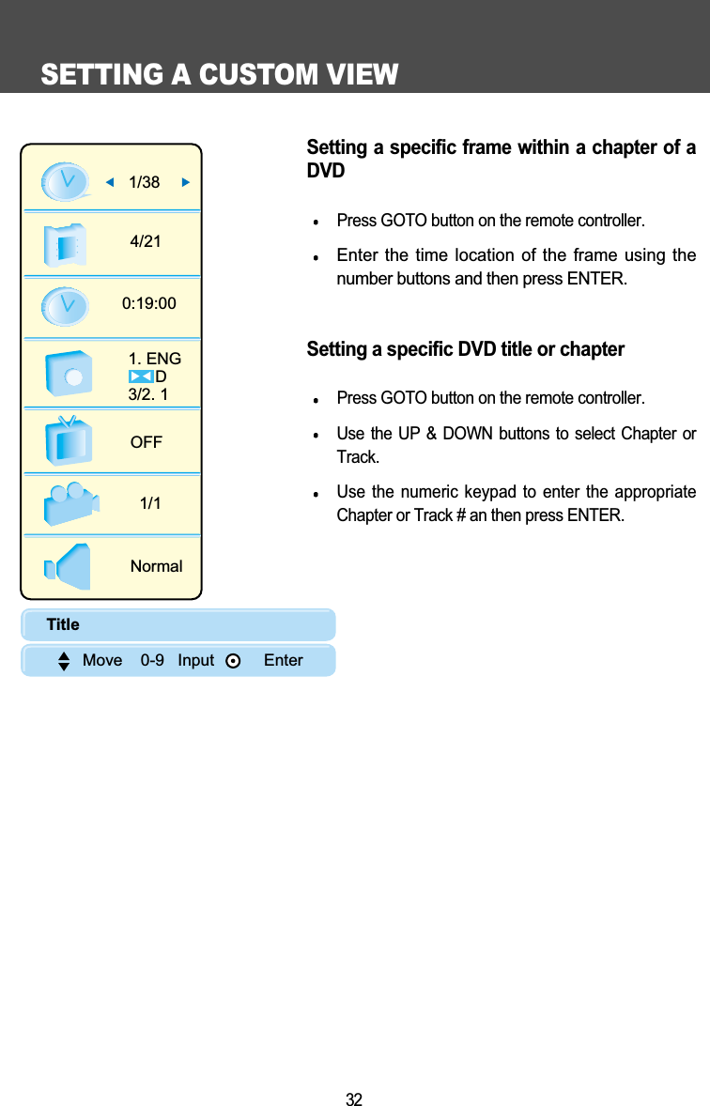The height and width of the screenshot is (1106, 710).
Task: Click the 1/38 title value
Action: (144, 183)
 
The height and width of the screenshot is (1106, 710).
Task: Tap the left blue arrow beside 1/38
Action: (109, 182)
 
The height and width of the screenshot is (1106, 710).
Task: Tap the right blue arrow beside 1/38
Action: (186, 182)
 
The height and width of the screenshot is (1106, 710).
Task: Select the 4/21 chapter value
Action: (146, 241)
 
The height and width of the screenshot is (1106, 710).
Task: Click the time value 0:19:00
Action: (149, 303)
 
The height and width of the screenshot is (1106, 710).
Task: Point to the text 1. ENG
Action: (155, 359)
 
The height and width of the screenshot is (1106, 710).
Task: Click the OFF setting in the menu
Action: (147, 441)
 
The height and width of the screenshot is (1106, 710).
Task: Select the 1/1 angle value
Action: (150, 503)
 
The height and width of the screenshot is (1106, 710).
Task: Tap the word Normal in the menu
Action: (156, 566)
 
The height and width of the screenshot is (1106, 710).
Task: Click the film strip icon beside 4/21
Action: (66, 244)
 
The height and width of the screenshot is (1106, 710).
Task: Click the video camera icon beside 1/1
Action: (69, 503)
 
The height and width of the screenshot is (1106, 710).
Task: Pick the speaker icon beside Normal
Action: (68, 566)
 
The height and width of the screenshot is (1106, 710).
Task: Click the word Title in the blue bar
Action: (63, 624)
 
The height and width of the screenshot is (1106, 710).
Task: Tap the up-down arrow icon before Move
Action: (64, 661)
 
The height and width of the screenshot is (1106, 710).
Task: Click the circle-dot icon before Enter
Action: (233, 661)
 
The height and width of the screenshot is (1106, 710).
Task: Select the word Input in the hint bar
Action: (195, 660)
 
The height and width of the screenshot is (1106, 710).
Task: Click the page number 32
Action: (354, 1099)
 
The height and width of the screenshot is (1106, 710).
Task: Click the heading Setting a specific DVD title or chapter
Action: (465, 349)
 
